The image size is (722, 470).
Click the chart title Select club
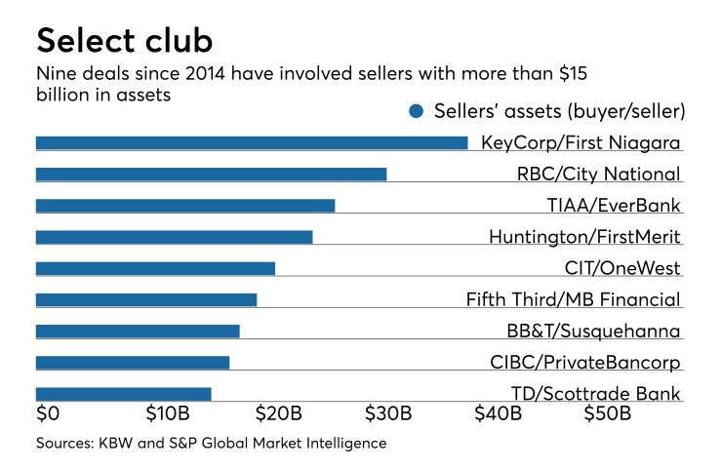(126, 41)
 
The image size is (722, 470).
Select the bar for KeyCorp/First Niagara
(252, 143)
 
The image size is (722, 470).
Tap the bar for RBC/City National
(211, 175)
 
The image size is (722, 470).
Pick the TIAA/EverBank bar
(185, 206)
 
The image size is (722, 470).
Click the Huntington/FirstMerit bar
(174, 237)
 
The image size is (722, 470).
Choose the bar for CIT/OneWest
(155, 268)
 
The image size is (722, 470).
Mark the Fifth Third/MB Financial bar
(146, 299)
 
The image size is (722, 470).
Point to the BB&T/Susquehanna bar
(138, 332)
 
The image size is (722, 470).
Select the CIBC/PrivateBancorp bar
(133, 363)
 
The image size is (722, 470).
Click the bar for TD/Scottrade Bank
(123, 394)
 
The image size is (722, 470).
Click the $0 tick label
(48, 413)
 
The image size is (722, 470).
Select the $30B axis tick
(388, 413)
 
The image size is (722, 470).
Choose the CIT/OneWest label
(622, 269)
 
